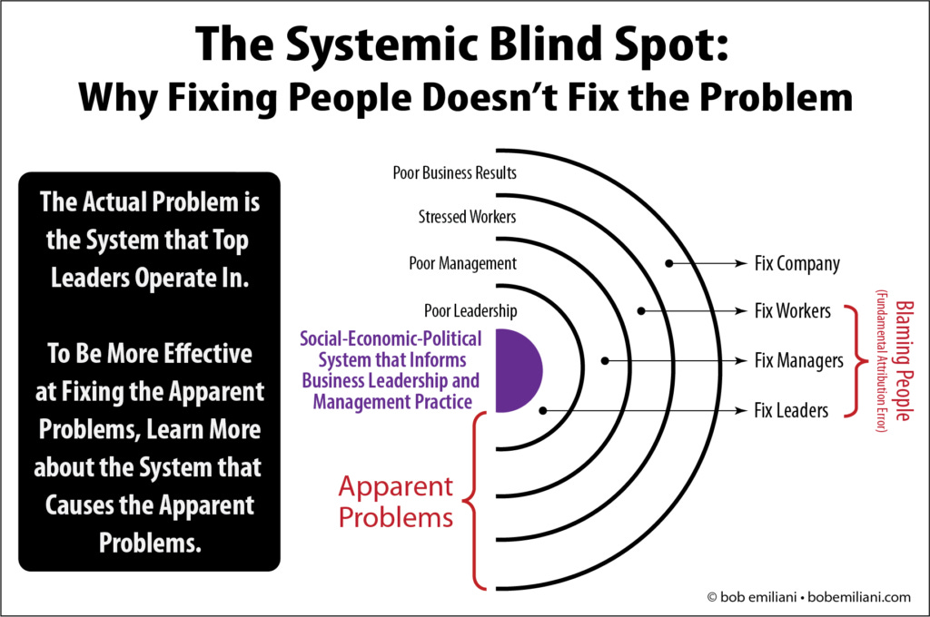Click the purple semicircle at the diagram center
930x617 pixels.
pyautogui.click(x=518, y=370)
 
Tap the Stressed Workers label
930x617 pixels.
pyautogui.click(x=468, y=218)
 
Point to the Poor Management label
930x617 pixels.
pyautogui.click(x=462, y=264)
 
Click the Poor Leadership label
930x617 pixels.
pyautogui.click(x=470, y=310)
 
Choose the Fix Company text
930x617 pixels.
pyautogui.click(x=796, y=264)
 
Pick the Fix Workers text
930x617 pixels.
pyautogui.click(x=792, y=311)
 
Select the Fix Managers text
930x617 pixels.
pyautogui.click(x=798, y=361)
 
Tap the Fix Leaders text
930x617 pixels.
pyautogui.click(x=791, y=410)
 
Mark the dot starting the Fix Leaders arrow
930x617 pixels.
pyautogui.click(x=542, y=410)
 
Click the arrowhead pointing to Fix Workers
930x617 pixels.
pyautogui.click(x=743, y=311)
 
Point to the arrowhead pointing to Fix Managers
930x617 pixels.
pyautogui.click(x=743, y=361)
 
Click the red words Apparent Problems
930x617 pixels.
pyautogui.click(x=396, y=502)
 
